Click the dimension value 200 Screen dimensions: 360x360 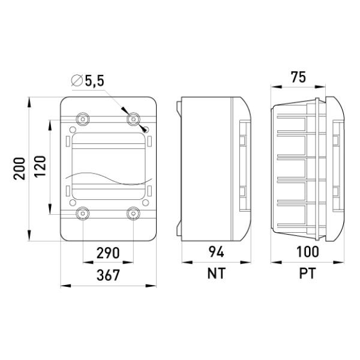[19, 169]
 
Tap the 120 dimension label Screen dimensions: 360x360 [40, 166]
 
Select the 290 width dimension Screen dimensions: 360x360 [108, 253]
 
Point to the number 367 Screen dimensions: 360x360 [108, 275]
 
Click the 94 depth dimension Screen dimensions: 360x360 [216, 252]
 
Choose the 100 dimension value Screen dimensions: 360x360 [307, 251]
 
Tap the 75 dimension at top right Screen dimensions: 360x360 [298, 77]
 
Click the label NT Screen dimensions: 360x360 [216, 274]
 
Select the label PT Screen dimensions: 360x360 [307, 274]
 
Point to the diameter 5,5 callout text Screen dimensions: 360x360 [95, 81]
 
